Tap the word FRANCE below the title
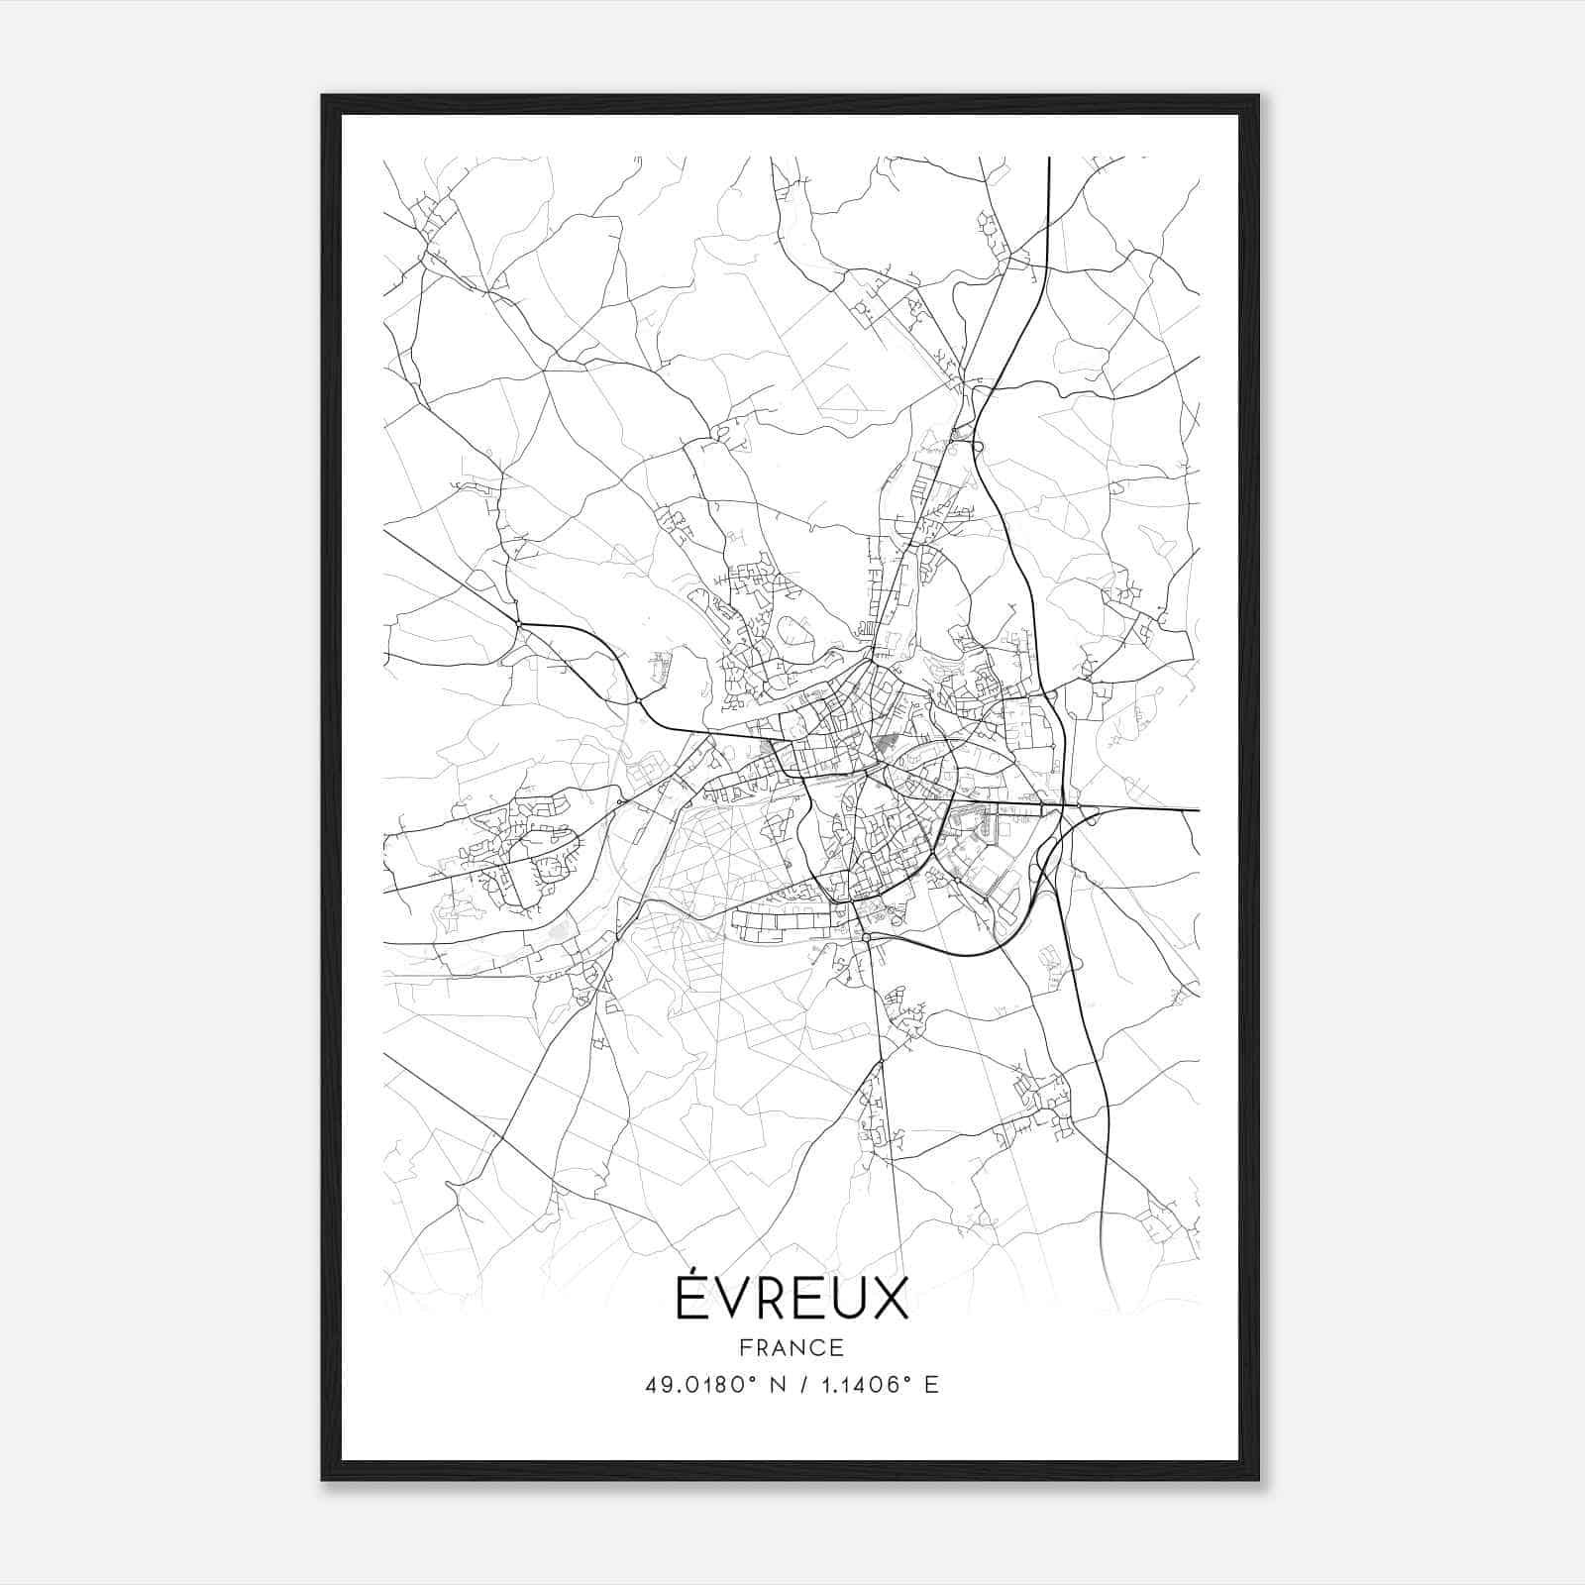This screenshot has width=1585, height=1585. pyautogui.click(x=792, y=1347)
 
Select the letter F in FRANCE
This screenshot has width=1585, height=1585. pyautogui.click(x=745, y=1347)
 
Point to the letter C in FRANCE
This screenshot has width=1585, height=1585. pyautogui.click(x=818, y=1347)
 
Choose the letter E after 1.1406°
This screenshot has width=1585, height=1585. pyautogui.click(x=930, y=1385)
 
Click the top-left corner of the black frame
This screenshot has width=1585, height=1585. pyautogui.click(x=323, y=96)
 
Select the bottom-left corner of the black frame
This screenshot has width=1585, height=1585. pyautogui.click(x=323, y=1479)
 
